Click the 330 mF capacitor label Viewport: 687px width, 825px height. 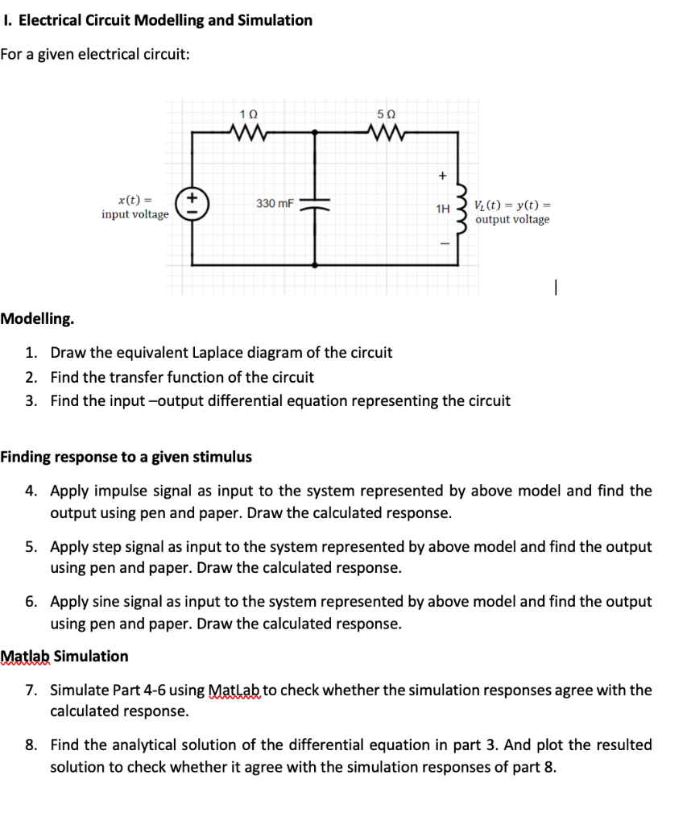tap(275, 203)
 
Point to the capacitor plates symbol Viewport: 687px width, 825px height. tap(314, 204)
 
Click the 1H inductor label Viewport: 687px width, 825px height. tap(442, 209)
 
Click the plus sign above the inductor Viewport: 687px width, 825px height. tap(441, 174)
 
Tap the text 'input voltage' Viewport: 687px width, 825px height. tap(135, 214)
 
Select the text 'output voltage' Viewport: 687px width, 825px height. tap(512, 219)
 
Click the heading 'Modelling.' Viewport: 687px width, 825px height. tap(37, 318)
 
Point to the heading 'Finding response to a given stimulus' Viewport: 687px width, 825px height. tap(126, 457)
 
